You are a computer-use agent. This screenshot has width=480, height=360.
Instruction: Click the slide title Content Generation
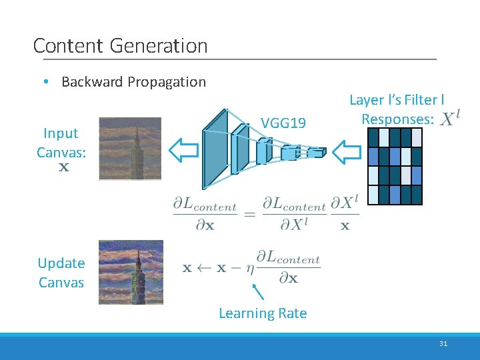tap(120, 46)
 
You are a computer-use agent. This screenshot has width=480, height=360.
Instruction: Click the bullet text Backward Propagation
tap(133, 82)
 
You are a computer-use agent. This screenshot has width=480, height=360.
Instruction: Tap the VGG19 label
tap(283, 123)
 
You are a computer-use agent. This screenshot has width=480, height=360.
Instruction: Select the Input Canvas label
tap(61, 143)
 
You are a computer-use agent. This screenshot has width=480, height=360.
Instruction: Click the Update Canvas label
tap(61, 273)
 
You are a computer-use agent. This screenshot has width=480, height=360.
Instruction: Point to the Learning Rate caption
tap(263, 313)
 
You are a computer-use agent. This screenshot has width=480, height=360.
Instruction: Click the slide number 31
tap(443, 344)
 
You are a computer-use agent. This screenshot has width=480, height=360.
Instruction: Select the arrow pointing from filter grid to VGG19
tap(346, 152)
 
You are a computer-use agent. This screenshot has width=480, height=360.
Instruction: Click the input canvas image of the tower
tap(130, 149)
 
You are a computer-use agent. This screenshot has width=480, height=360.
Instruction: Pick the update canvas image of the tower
tap(131, 272)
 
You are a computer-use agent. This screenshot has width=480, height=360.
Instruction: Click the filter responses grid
tap(395, 166)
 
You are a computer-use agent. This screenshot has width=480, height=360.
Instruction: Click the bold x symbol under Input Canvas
tap(63, 167)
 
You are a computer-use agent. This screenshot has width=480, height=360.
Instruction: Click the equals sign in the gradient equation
tap(249, 214)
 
